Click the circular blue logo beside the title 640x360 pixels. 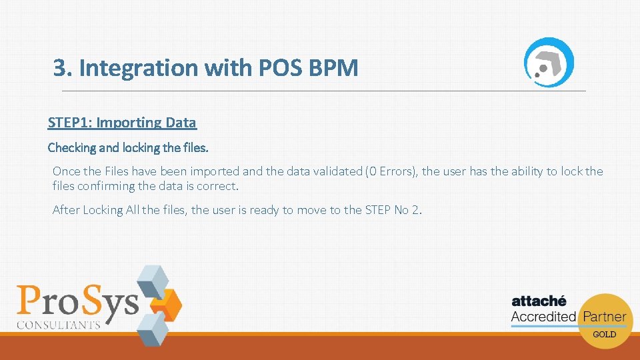tap(548, 61)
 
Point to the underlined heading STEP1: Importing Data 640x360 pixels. tap(122, 123)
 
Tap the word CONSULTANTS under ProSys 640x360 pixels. tap(59, 325)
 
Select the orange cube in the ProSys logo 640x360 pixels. tap(167, 303)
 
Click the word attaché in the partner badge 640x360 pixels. tap(539, 301)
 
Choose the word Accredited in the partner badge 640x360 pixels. tap(543, 317)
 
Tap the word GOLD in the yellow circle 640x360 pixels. tap(605, 334)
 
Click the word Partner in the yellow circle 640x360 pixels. tap(604, 317)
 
